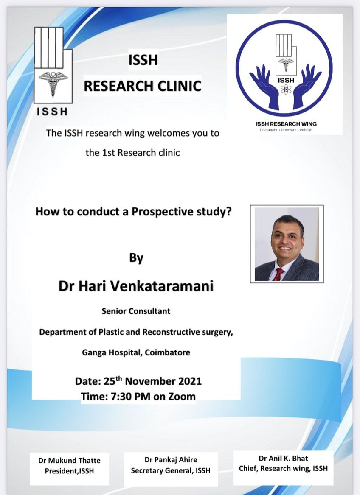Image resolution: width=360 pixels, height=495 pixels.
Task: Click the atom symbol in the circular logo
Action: pos(286,89)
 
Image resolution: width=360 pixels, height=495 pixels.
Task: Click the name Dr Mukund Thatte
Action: pos(69,461)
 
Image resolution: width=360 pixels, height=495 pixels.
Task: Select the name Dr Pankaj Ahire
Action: pos(171,460)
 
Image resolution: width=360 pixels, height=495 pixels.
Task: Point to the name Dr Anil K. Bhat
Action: pos(283,458)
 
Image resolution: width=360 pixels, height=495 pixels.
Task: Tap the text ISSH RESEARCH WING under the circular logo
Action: pos(286,124)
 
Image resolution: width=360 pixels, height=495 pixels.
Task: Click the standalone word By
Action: pos(136,258)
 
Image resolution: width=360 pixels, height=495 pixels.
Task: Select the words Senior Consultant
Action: pos(136,311)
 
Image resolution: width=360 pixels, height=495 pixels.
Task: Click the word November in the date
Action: pos(150,381)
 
